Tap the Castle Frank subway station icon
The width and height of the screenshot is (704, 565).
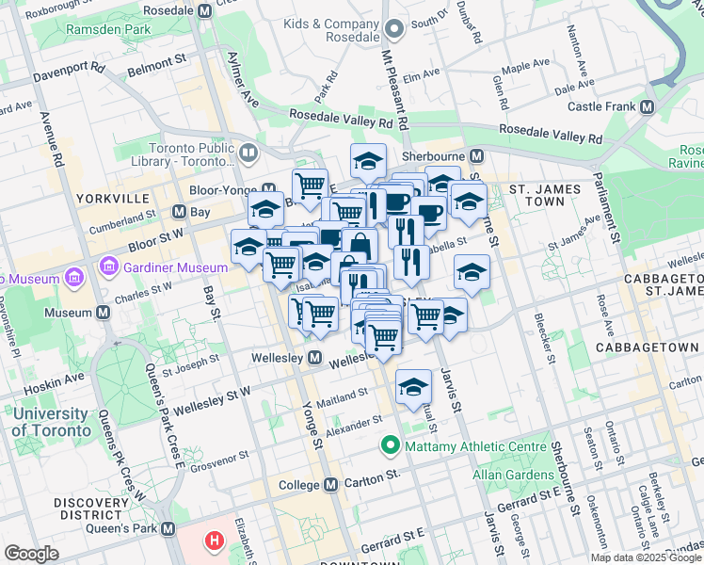pos(647,107)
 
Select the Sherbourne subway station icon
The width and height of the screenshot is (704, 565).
pos(477,155)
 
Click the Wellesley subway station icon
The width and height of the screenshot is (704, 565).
pos(314,358)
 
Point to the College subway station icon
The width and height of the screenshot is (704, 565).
pos(330,485)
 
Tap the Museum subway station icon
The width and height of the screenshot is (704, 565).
pos(103,313)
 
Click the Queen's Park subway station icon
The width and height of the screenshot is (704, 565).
pos(168,529)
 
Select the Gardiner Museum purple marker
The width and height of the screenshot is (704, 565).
pos(72,279)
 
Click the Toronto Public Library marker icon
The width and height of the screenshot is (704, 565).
pos(248,152)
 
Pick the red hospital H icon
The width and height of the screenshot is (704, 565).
pos(216,541)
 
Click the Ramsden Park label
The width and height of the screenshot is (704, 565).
pos(108,30)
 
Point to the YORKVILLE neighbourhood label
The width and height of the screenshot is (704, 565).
pos(116,199)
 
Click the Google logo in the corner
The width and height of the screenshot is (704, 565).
pos(31,553)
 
